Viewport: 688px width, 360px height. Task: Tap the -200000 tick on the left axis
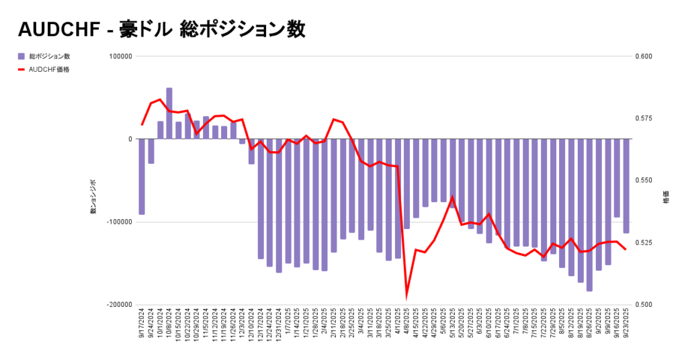[118, 304]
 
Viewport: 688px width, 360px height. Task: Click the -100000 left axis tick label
[118, 222]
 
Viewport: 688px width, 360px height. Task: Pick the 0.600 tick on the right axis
[644, 56]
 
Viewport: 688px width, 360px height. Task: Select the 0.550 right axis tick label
[644, 181]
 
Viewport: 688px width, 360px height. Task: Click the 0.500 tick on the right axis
[644, 304]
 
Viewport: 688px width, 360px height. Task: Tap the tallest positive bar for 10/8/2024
[169, 113]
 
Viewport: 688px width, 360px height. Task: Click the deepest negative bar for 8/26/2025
[589, 215]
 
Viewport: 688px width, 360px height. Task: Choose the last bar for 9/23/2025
[626, 185]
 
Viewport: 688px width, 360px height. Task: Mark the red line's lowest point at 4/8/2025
[406, 296]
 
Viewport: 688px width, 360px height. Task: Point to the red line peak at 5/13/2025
[452, 197]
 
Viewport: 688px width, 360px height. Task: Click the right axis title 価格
[666, 200]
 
